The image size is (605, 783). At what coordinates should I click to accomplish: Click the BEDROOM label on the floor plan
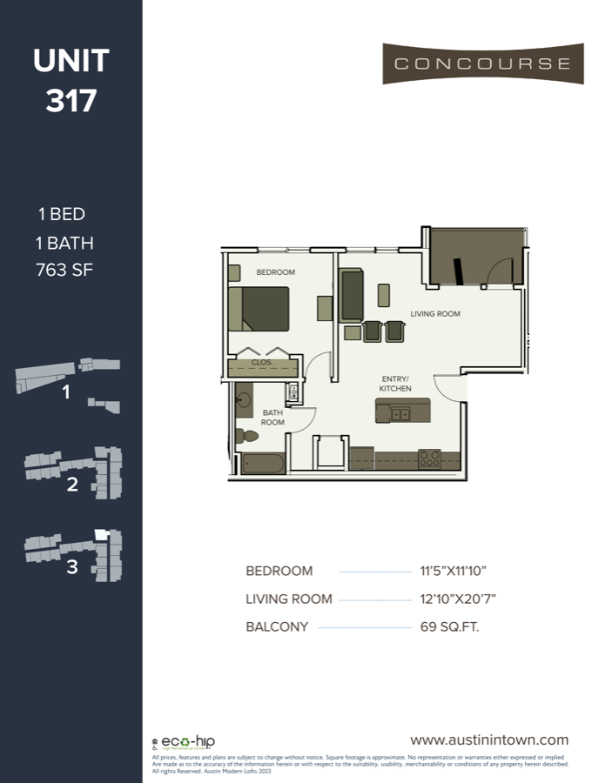pyautogui.click(x=275, y=272)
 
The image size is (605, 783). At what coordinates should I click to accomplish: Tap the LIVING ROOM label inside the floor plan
pyautogui.click(x=435, y=313)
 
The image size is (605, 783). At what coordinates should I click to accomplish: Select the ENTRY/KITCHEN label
pyautogui.click(x=395, y=384)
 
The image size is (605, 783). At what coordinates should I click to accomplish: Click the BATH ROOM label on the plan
pyautogui.click(x=272, y=417)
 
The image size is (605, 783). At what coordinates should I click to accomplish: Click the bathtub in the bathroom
pyautogui.click(x=262, y=463)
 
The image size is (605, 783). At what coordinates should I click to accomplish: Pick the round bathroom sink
pyautogui.click(x=244, y=401)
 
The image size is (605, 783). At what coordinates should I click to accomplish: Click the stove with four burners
pyautogui.click(x=429, y=458)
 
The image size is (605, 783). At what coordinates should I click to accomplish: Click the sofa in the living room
pyautogui.click(x=352, y=295)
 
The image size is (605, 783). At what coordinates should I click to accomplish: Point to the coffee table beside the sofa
pyautogui.click(x=384, y=295)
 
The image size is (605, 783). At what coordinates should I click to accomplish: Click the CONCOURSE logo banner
pyautogui.click(x=482, y=64)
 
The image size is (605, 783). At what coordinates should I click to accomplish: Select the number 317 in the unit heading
pyautogui.click(x=71, y=101)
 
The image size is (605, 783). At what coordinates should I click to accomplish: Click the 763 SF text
pyautogui.click(x=65, y=271)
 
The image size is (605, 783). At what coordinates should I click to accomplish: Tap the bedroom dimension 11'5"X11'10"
pyautogui.click(x=453, y=572)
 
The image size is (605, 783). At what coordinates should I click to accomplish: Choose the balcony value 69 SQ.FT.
pyautogui.click(x=450, y=626)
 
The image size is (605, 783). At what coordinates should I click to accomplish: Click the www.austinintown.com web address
pyautogui.click(x=489, y=739)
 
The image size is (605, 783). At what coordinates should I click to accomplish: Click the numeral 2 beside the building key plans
pyautogui.click(x=72, y=485)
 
